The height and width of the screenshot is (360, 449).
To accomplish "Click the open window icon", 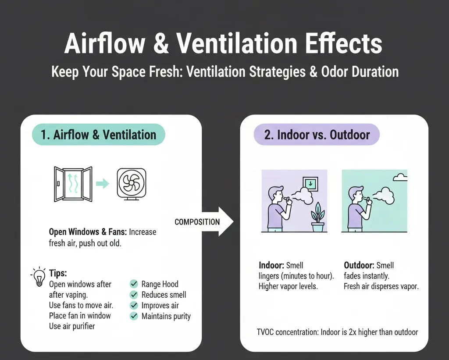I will (x=73, y=184).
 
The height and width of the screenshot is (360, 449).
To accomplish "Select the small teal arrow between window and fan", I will (x=102, y=184).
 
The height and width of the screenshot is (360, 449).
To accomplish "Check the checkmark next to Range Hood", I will (x=134, y=284).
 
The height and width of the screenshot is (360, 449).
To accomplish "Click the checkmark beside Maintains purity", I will (x=134, y=316).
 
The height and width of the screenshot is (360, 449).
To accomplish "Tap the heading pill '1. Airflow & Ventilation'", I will (x=98, y=135).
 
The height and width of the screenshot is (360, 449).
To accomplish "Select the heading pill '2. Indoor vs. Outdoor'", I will (x=317, y=135).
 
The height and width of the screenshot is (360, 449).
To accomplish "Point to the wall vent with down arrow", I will (x=310, y=184).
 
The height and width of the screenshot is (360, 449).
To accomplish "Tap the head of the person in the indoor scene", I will (x=277, y=193).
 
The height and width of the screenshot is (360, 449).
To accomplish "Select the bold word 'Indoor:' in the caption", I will (x=271, y=265).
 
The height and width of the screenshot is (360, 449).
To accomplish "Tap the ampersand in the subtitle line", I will (x=313, y=71).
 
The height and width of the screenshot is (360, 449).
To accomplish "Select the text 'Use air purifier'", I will (x=72, y=326).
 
